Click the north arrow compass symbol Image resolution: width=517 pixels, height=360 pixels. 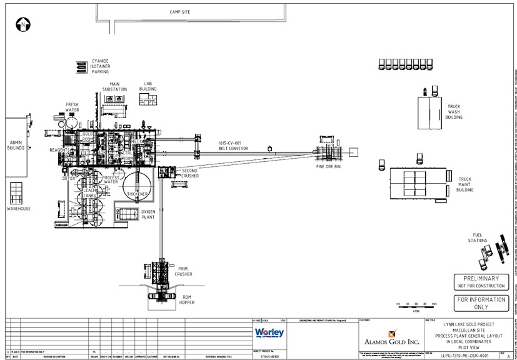pos(22,26)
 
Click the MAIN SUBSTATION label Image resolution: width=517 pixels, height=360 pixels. pos(114,86)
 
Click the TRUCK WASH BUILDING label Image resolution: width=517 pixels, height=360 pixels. pos(454,112)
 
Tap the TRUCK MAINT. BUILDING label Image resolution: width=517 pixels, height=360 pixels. pos(464,184)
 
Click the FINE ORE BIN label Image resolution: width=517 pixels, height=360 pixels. pos(328,167)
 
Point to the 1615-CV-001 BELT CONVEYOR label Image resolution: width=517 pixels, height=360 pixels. pos(233,146)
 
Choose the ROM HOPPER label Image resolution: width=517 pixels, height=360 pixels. pos(188,300)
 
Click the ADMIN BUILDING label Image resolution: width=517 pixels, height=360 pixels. pos(16,146)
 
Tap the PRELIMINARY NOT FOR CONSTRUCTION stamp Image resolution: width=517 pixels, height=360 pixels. pos(481,281)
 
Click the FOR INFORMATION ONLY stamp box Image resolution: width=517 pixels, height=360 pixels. pos(481,303)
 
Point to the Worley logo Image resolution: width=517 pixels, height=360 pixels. pos(269,332)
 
